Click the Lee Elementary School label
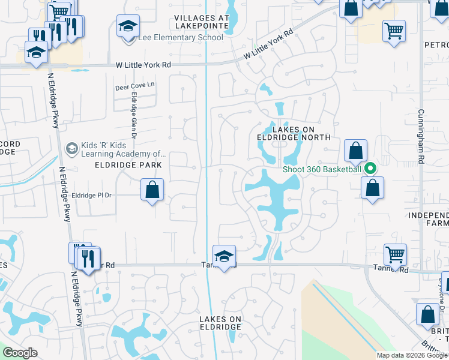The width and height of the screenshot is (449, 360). pyautogui.click(x=180, y=38)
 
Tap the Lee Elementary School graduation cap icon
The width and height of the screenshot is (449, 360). pyautogui.click(x=128, y=27)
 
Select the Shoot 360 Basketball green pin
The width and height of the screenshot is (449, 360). pyautogui.click(x=370, y=169)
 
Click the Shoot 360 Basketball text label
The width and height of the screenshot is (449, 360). pyautogui.click(x=322, y=169)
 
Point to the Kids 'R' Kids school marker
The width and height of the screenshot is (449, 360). pyautogui.click(x=71, y=148)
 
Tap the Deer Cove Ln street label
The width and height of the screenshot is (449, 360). pyautogui.click(x=134, y=86)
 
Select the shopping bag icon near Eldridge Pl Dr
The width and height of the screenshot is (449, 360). pyautogui.click(x=153, y=190)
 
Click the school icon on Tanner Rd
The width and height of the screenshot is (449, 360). pyautogui.click(x=224, y=256)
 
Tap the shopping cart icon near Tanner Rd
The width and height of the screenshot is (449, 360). pyautogui.click(x=395, y=254)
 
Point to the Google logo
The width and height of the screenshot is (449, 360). pyautogui.click(x=20, y=353)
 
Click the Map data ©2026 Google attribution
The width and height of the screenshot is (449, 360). pyautogui.click(x=411, y=355)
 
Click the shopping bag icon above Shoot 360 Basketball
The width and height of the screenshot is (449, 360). pyautogui.click(x=355, y=151)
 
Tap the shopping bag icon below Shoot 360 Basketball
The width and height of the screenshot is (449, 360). pyautogui.click(x=372, y=187)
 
